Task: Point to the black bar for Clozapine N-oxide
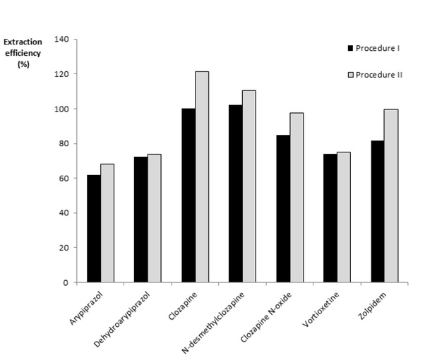282,209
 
